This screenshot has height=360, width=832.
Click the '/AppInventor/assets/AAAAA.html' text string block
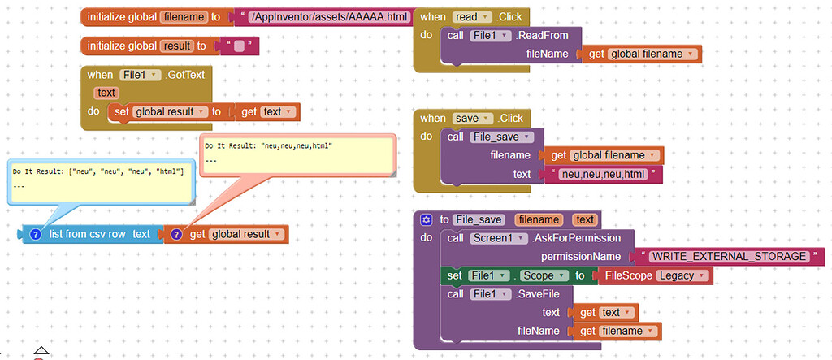(x=328, y=17)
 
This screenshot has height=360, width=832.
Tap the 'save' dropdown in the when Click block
(x=472, y=118)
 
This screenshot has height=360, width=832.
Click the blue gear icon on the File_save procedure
(x=426, y=219)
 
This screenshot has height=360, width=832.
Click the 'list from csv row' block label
(x=88, y=234)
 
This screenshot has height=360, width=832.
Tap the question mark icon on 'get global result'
(x=176, y=234)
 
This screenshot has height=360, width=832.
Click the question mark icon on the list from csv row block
(x=36, y=234)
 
